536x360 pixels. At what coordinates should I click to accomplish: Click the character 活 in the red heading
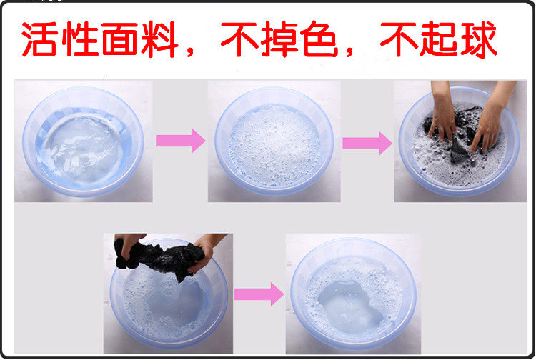[39, 39]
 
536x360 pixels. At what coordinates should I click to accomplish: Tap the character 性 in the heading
[80, 39]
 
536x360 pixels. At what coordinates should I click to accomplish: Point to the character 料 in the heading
[160, 39]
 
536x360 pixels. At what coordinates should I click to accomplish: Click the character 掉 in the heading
[279, 39]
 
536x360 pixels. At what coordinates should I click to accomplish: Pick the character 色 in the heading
[319, 39]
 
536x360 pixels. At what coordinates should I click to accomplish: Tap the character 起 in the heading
[439, 39]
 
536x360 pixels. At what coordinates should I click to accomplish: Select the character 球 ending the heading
[479, 39]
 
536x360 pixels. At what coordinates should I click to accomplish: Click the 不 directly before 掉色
[239, 39]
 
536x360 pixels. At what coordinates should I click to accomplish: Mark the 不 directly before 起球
[399, 39]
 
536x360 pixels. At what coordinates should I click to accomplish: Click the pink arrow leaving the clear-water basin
[181, 141]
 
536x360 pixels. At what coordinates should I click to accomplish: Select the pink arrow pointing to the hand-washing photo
[367, 143]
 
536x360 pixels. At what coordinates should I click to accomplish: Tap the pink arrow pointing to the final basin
[259, 294]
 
